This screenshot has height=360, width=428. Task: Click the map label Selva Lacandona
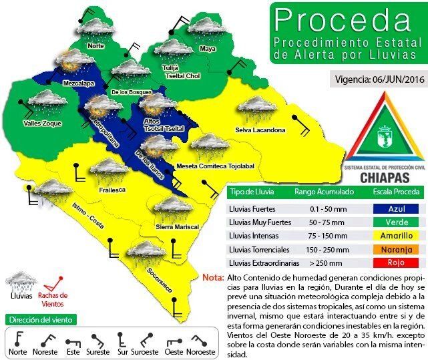260,130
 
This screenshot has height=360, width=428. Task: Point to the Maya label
208,49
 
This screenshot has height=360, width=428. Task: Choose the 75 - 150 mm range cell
317,236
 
